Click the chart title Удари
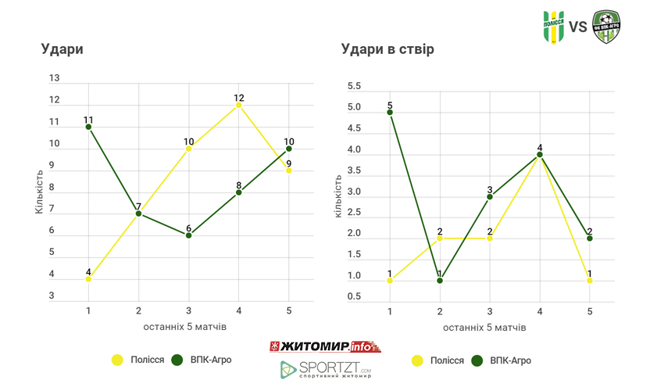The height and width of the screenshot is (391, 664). [62, 48]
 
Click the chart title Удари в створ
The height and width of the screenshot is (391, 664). [387, 48]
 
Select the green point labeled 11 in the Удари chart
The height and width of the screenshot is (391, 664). [88, 127]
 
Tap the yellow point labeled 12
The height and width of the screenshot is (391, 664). [239, 105]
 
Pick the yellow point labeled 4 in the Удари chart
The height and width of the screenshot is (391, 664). [88, 279]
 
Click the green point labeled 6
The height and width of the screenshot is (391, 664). [189, 235]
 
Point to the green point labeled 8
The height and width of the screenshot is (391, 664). [239, 192]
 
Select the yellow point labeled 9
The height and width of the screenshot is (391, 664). [289, 170]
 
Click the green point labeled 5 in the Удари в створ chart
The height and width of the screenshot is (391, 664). [390, 112]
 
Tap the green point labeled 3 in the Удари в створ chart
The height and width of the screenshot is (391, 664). [490, 196]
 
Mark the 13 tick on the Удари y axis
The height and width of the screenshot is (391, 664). [55, 78]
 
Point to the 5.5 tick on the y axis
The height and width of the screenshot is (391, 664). [354, 86]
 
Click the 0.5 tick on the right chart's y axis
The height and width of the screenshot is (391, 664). [354, 296]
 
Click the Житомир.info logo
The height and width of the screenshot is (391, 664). [323, 346]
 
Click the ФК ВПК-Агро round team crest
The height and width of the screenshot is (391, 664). [606, 27]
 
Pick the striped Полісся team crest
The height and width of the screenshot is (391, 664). [554, 27]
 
